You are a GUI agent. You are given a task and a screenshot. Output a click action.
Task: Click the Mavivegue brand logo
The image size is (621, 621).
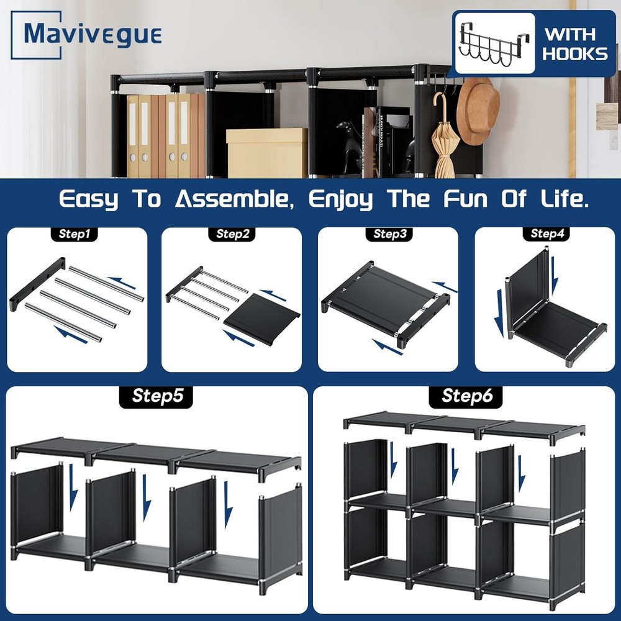point(87,34)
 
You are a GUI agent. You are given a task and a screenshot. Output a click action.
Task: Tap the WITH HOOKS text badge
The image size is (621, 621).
point(574,43)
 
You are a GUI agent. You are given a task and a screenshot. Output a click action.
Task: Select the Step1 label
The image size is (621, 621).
point(75,234)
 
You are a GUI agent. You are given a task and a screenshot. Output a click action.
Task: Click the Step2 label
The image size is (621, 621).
point(232,234)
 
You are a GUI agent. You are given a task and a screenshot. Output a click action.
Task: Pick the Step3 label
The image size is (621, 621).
point(389,234)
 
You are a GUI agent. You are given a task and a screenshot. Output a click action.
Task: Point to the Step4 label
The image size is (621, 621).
point(546,234)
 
